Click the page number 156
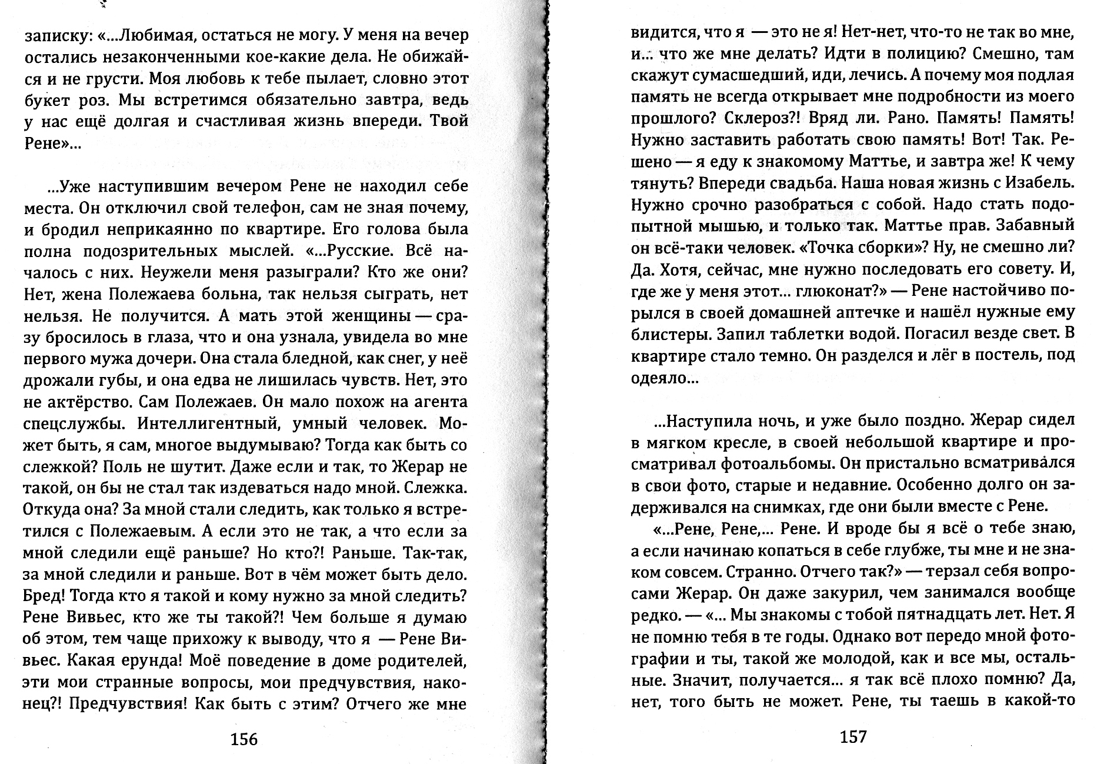[x=244, y=739]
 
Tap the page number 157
[x=853, y=736]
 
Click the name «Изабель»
[x=1040, y=183]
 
